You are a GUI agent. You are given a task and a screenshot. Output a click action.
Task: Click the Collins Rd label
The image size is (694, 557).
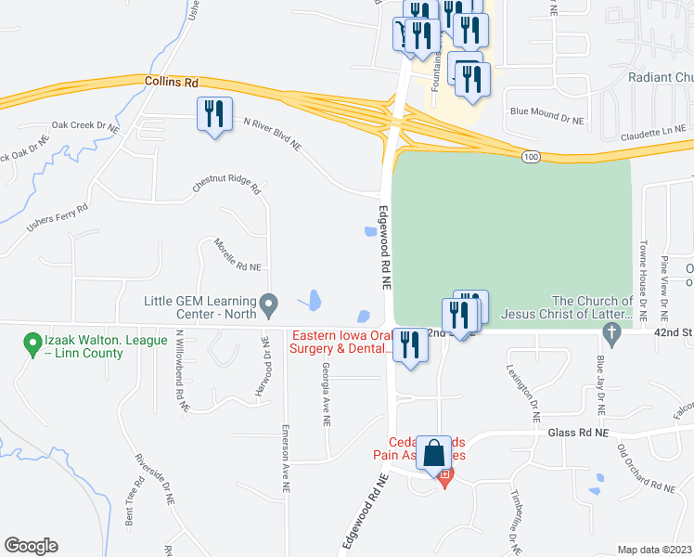click(x=172, y=83)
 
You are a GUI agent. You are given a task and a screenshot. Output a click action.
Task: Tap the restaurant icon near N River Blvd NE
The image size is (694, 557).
click(x=215, y=114)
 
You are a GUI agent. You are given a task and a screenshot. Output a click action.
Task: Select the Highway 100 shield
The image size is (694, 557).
click(x=530, y=157)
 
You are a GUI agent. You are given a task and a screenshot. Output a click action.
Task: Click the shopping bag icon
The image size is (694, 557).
click(x=433, y=454)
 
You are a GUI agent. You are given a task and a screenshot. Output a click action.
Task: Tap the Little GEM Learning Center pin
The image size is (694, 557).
click(x=269, y=303)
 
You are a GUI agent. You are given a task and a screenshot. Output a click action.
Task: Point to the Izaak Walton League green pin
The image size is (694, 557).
click(x=33, y=343)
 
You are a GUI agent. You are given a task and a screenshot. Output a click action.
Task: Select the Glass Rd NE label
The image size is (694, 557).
click(x=575, y=433)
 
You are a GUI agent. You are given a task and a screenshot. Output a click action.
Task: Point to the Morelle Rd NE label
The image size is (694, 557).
click(x=238, y=253)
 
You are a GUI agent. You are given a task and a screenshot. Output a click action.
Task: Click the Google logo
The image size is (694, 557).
click(x=31, y=546)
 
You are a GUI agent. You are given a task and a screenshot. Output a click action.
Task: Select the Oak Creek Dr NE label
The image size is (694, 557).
click(x=85, y=125)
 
